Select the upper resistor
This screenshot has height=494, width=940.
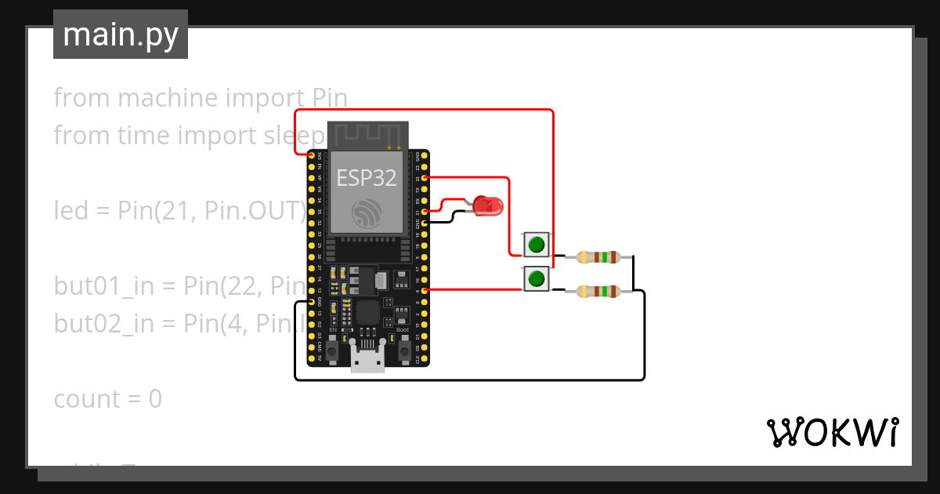(598, 256)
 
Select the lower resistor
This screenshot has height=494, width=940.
(598, 292)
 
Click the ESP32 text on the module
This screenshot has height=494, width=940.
(366, 178)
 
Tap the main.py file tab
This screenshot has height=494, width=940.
(121, 35)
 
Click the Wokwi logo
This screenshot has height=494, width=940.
(832, 432)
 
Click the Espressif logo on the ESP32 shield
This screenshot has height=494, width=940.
(367, 213)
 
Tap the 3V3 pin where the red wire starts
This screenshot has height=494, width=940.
(312, 157)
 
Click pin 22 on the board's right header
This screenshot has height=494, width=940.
(425, 178)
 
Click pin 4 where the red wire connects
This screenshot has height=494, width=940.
(425, 290)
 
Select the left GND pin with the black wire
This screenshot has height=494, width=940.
(312, 301)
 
